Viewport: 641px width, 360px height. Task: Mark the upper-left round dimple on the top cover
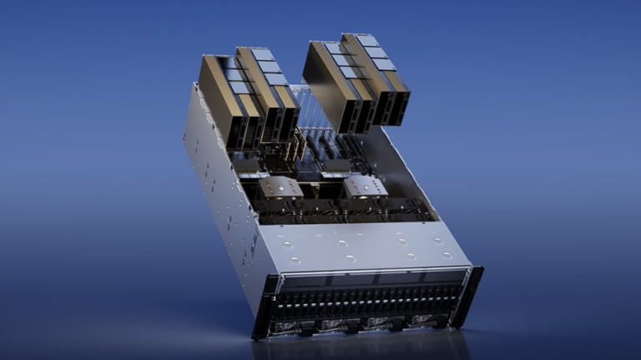(x=287, y=243)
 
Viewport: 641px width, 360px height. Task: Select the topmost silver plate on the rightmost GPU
(x=367, y=41)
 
